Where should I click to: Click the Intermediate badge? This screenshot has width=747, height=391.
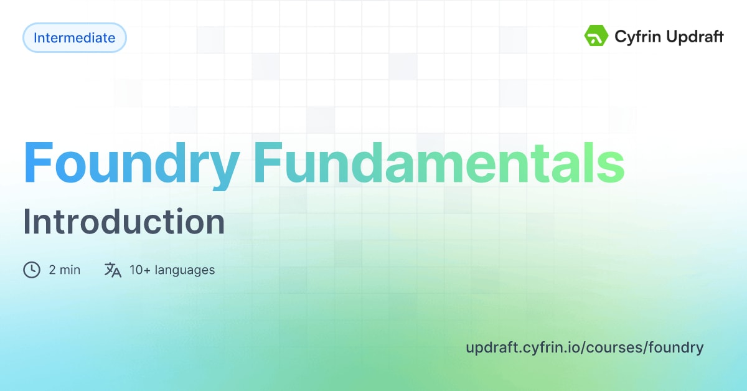[74, 38]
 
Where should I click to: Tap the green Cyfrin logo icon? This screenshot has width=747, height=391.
[596, 37]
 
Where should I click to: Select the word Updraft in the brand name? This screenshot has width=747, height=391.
[696, 37]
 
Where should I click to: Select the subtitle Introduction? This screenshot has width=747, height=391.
[124, 222]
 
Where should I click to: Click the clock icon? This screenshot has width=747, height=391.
[32, 270]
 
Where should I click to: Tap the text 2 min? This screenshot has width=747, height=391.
[64, 270]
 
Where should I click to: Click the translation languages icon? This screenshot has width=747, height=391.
[113, 270]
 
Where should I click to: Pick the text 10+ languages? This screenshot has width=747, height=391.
[172, 270]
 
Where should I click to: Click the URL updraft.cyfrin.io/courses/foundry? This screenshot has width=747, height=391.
[584, 347]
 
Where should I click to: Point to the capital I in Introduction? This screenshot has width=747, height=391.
[27, 222]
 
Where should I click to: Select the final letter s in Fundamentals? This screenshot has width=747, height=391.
[612, 164]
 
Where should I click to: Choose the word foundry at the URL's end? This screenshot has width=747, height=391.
[676, 347]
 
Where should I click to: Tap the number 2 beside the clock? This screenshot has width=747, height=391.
[52, 270]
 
